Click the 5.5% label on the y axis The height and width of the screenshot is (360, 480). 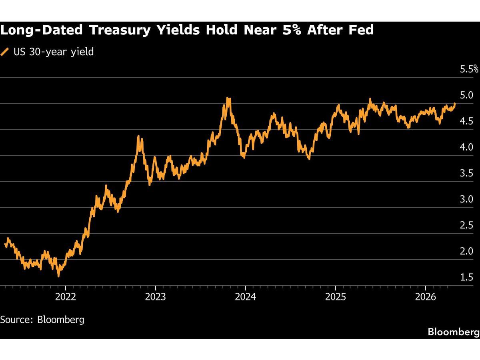tap(469, 70)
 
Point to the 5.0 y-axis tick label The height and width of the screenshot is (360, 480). tap(467, 96)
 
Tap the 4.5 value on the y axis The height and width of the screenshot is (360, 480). tap(467, 122)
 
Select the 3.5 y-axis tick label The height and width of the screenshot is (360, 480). tap(467, 174)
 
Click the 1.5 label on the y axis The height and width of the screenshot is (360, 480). tap(467, 278)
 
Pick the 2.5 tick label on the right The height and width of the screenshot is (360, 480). tap(467, 226)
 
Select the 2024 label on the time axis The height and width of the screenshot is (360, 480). tap(245, 296)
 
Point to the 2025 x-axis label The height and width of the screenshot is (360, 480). tap(335, 296)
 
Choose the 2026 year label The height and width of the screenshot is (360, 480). tap(425, 296)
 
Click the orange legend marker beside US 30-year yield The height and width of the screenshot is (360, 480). tap(5, 52)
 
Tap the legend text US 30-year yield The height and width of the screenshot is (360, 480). tap(53, 52)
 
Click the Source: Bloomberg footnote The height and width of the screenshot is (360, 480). tap(42, 320)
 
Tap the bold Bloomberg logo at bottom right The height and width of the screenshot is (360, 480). tap(453, 332)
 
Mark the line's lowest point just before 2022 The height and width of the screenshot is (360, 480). tap(59, 276)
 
